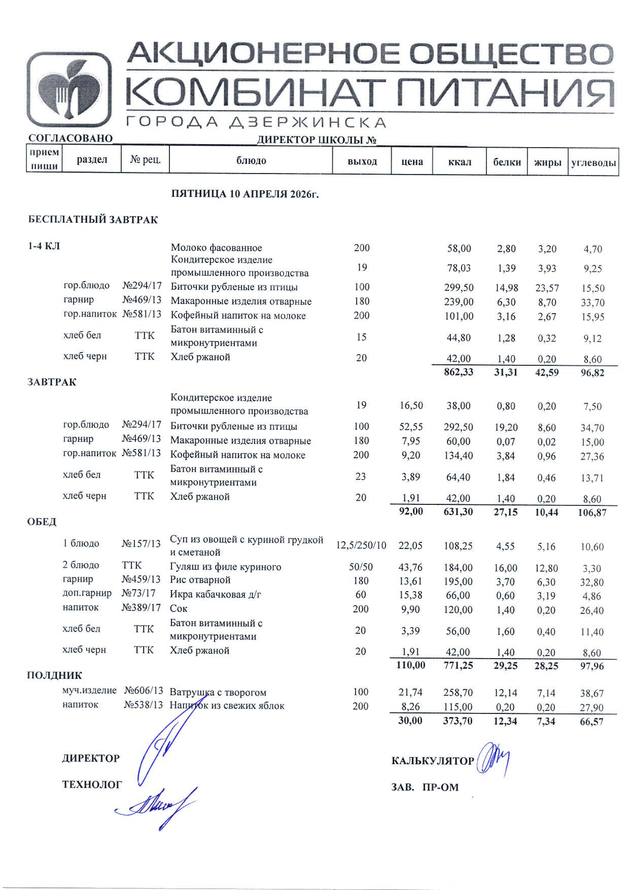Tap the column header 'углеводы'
(593, 162)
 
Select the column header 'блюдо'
(251, 161)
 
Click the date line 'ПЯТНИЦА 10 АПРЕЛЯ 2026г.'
(245, 194)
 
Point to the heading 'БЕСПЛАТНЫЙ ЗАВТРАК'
(93, 220)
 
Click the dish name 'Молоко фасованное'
(216, 248)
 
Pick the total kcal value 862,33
(458, 372)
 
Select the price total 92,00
(411, 511)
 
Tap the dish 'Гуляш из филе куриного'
(225, 567)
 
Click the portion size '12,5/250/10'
(361, 545)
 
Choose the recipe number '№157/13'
(141, 544)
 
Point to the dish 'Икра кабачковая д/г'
(216, 595)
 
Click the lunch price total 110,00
(410, 665)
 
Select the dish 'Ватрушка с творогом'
(218, 692)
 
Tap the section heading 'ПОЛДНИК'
(54, 675)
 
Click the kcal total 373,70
(458, 721)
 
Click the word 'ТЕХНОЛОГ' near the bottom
(92, 785)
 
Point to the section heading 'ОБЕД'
(42, 522)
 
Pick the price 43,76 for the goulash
(410, 567)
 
